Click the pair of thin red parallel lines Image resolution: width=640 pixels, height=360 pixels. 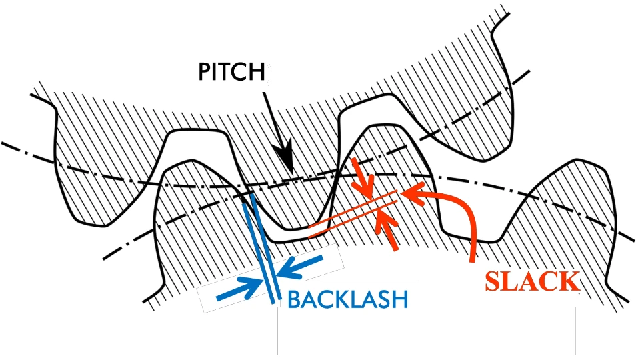click(353, 213)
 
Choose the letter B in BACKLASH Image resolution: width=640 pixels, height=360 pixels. click(295, 299)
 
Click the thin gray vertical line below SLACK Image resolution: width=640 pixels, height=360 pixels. click(575, 333)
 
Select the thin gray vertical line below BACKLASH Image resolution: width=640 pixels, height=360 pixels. click(277, 333)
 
